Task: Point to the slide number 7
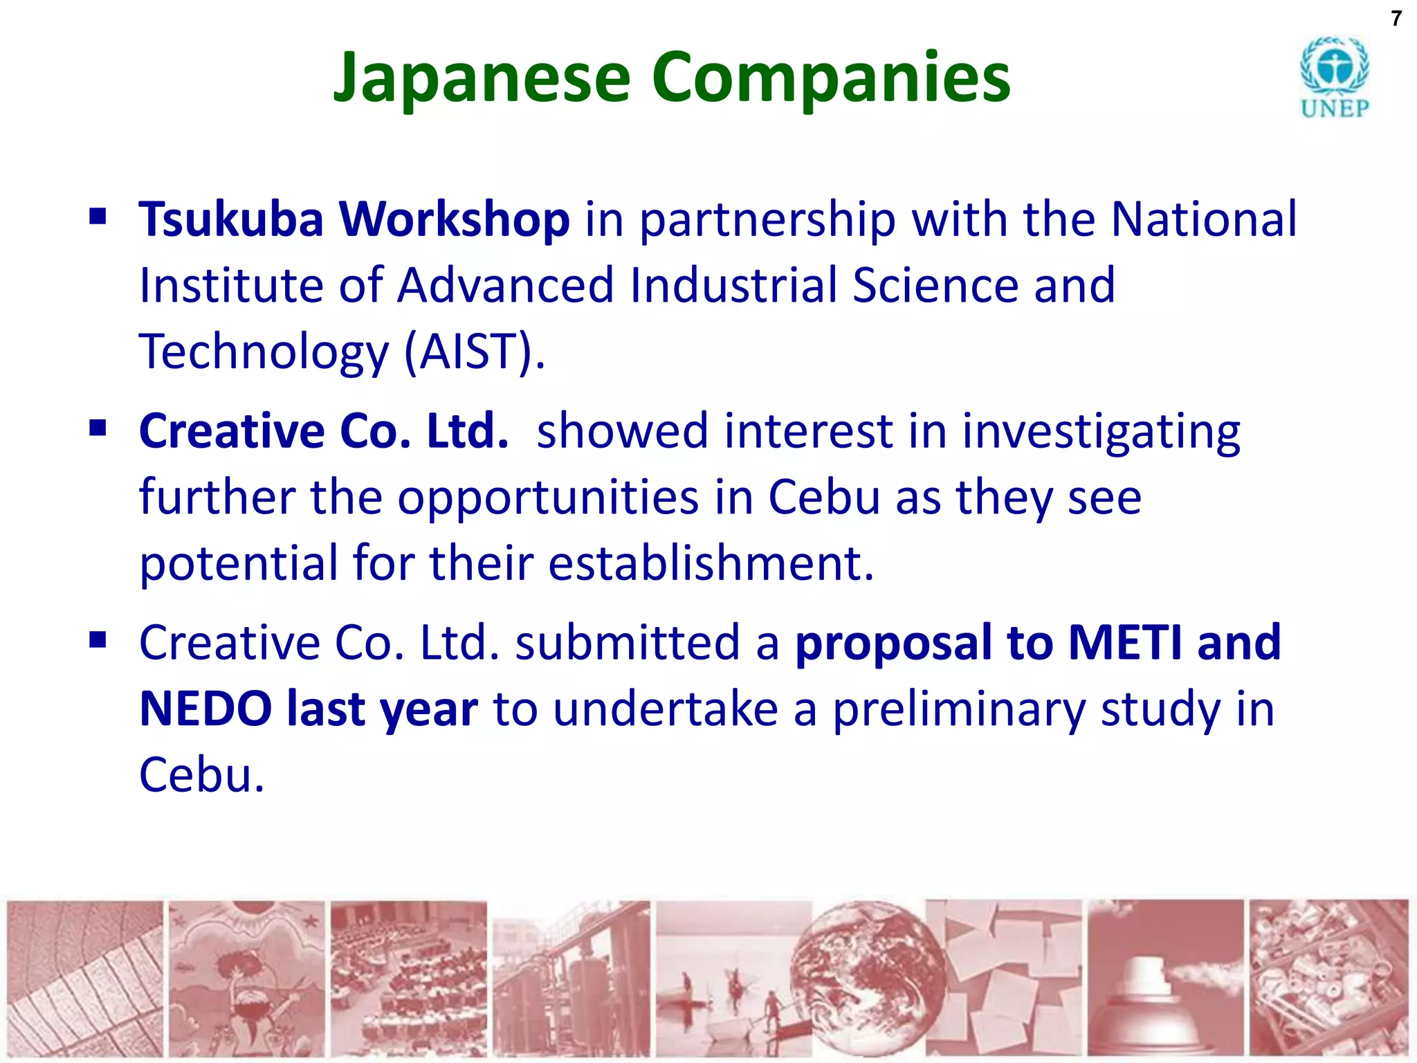[1396, 19]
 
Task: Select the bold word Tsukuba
[231, 219]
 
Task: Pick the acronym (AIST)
[474, 351]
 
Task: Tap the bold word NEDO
[205, 709]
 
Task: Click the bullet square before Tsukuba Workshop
[98, 217]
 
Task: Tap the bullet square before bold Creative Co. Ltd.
[98, 429]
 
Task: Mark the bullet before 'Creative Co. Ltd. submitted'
[98, 641]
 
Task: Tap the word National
[1203, 219]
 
